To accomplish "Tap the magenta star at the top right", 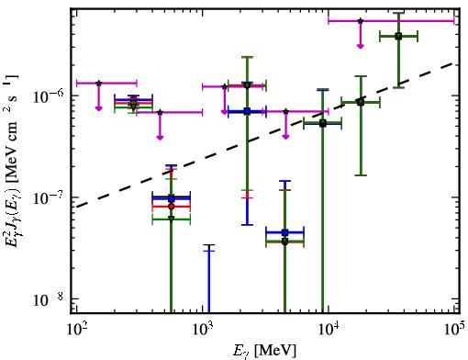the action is coord(361,21).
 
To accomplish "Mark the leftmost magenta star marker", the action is coord(98,83).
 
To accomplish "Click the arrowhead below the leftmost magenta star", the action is coord(98,107).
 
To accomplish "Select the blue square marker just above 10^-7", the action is coord(172,198).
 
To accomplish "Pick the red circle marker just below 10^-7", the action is coord(172,207).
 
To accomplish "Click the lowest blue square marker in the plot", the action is coord(284,232).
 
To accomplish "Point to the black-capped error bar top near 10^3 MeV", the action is coord(209,245).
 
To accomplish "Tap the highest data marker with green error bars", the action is coord(398,36).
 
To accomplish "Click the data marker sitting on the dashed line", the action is coord(361,102).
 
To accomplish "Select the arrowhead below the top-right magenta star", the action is coord(361,46).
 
